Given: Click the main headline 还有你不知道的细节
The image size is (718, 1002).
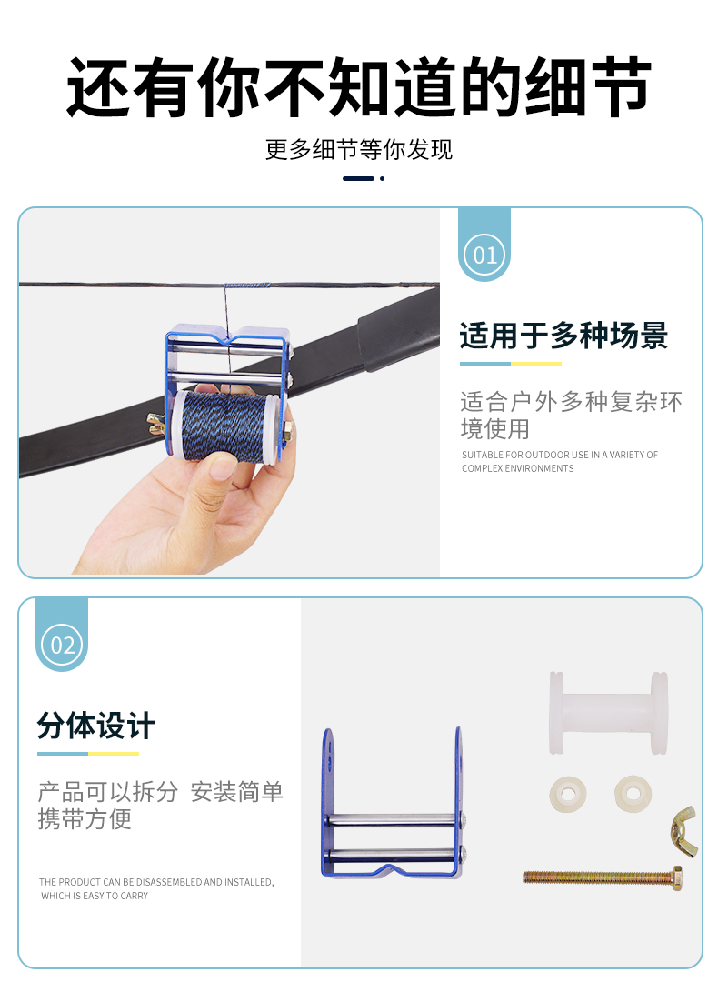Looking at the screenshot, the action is tap(358, 87).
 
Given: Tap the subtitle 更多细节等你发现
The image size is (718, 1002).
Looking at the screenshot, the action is tap(358, 150).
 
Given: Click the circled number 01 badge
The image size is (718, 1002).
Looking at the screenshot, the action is tap(484, 255).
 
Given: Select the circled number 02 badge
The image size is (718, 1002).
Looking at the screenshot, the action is tap(62, 645).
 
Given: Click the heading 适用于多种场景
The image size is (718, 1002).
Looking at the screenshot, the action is tap(563, 336).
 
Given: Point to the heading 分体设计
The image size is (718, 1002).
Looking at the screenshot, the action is tap(95, 726).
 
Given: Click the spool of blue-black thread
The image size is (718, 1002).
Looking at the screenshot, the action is tap(224, 426).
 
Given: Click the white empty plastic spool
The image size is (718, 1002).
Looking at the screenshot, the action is tap(608, 713).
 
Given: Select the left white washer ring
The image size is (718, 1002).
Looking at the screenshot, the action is tap(568, 795).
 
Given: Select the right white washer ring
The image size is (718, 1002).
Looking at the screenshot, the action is tap(633, 794).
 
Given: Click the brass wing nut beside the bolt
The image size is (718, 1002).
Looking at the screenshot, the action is tap(683, 831).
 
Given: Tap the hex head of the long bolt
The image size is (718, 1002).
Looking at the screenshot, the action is tap(676, 878).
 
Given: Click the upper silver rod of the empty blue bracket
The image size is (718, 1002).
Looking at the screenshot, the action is tap(394, 820).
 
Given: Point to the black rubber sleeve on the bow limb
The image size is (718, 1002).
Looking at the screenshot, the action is tap(397, 328).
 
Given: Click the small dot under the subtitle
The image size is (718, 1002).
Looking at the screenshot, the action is tap(382, 178).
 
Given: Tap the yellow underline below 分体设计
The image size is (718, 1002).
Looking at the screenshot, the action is tap(114, 754).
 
